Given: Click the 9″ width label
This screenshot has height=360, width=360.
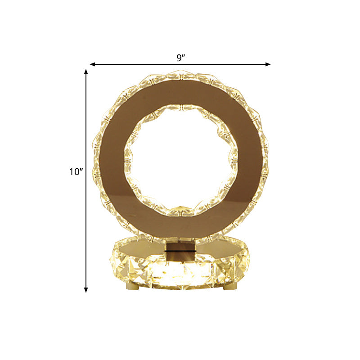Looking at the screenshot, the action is click(x=181, y=58).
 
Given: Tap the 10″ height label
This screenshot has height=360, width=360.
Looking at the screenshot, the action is click(x=76, y=172).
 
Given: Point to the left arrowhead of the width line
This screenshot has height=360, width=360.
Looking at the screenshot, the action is click(x=93, y=64).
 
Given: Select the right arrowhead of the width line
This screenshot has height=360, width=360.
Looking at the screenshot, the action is click(x=268, y=64).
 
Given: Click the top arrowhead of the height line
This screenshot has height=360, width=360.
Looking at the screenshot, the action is click(x=86, y=72).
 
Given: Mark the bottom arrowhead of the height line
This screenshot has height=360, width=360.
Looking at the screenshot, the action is click(x=86, y=290).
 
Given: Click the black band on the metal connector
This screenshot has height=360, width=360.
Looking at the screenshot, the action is click(x=180, y=252).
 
